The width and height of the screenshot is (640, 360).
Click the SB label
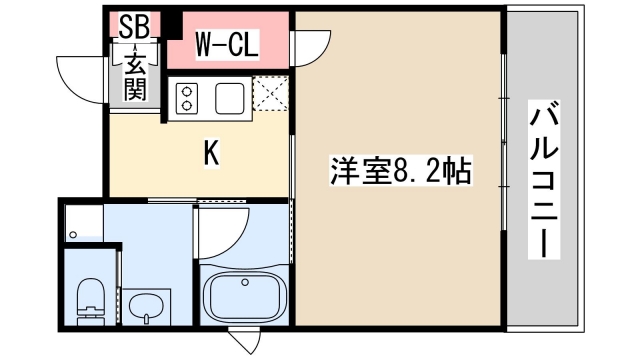134,25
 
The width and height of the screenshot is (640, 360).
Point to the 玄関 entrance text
136,78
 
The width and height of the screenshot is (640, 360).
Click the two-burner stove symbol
187,97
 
